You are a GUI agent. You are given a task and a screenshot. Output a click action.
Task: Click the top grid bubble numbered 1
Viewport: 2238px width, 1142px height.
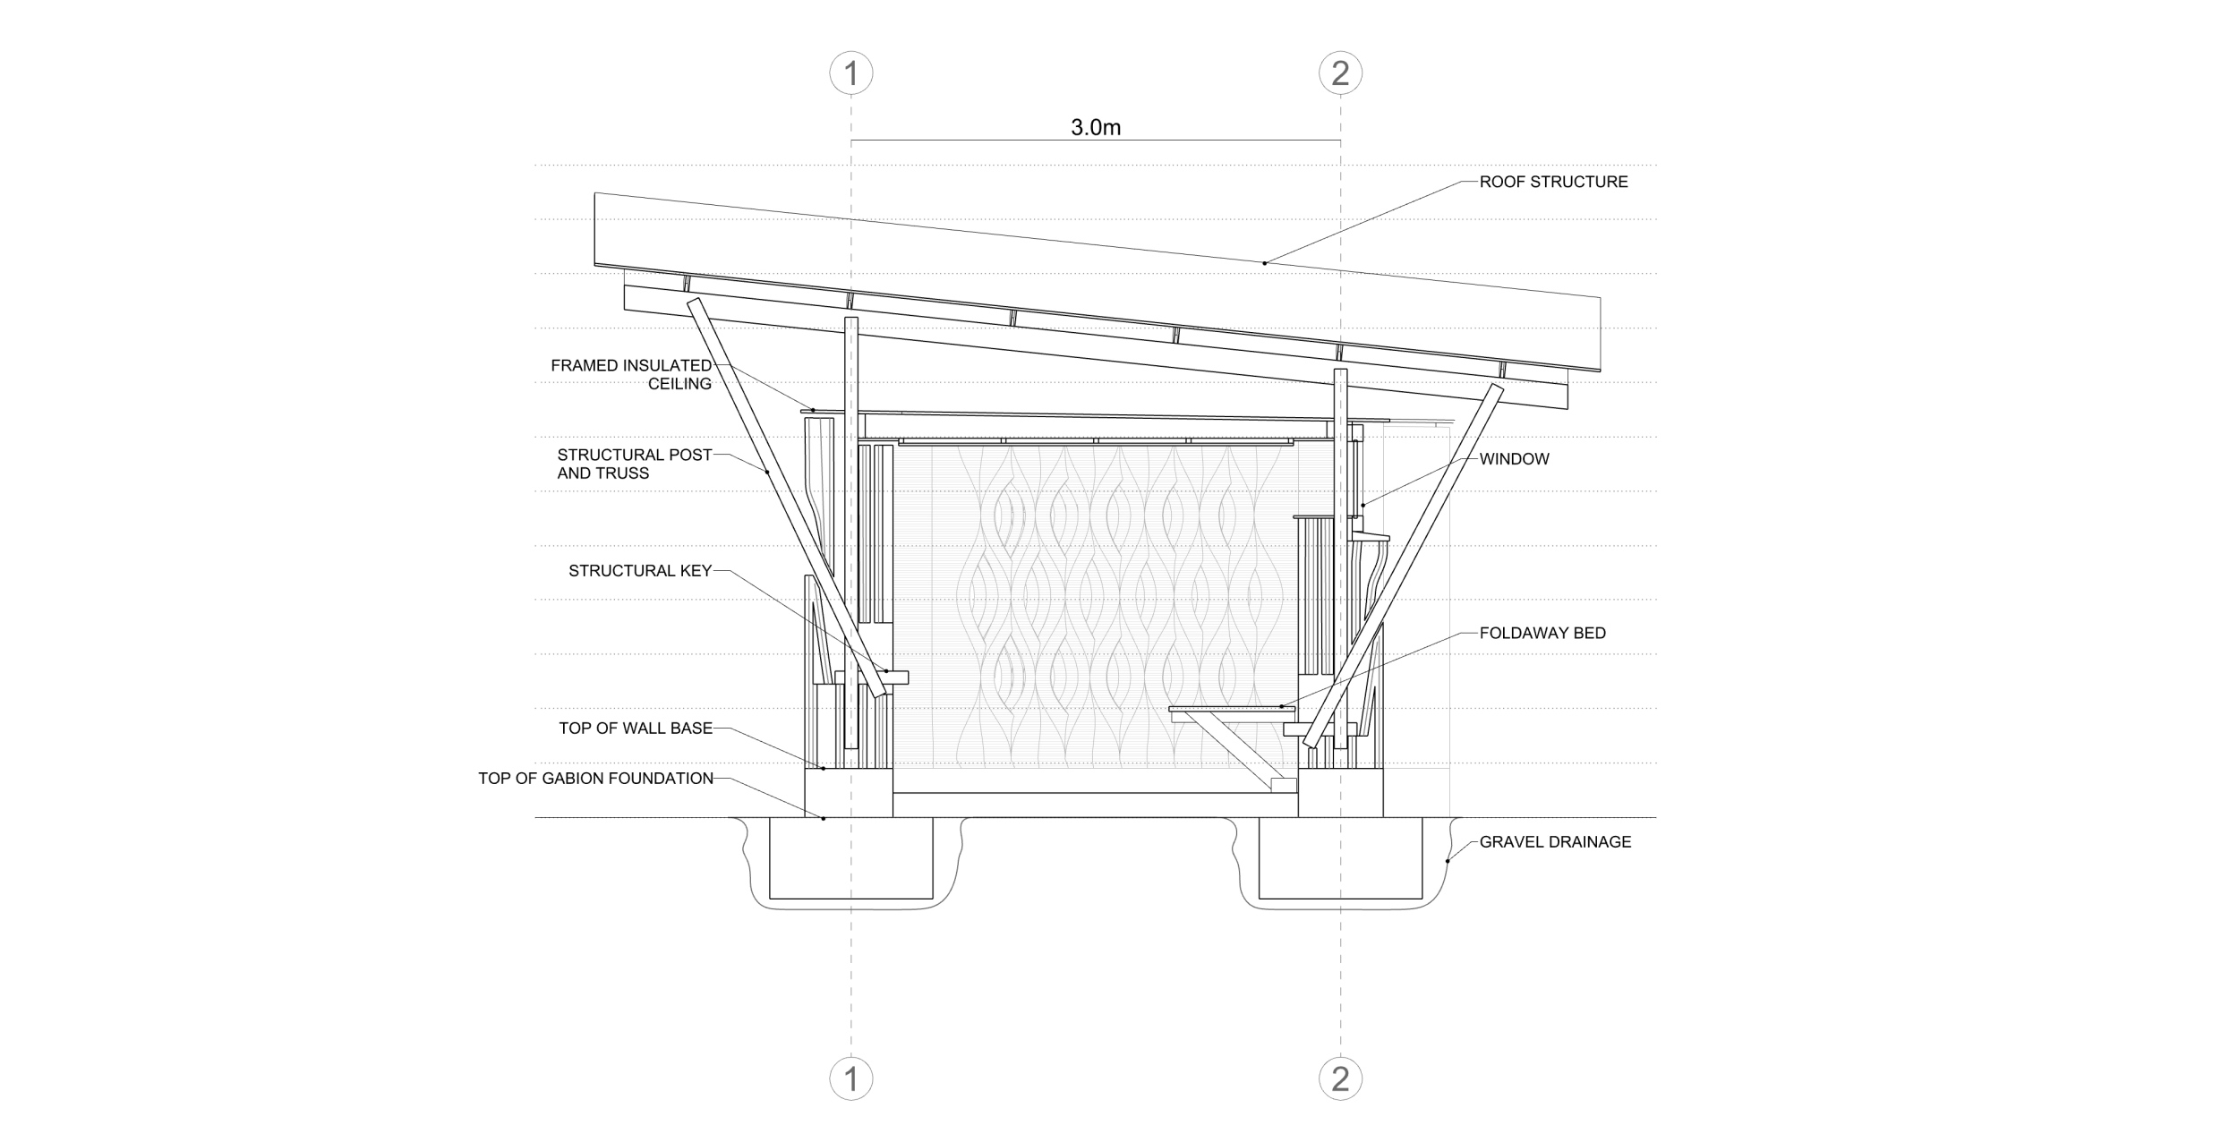coord(850,72)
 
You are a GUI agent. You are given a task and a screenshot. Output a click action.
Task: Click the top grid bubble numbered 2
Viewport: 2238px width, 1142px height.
coord(1340,72)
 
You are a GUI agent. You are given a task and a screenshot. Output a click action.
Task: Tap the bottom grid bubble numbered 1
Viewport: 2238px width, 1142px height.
coord(850,1078)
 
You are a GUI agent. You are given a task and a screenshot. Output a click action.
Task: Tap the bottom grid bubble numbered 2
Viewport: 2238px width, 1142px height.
coord(1340,1078)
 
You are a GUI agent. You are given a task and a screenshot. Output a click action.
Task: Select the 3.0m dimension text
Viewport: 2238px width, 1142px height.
coord(1096,127)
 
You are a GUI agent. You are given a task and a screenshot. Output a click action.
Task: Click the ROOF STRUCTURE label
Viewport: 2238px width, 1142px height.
coord(1553,182)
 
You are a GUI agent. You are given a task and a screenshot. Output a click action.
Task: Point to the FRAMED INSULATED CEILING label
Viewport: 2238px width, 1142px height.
coord(631,374)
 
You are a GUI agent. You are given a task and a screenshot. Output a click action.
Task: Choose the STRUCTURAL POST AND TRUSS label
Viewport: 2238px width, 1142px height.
coord(635,464)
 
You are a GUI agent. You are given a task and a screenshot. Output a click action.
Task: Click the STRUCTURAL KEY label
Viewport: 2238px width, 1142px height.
coord(640,571)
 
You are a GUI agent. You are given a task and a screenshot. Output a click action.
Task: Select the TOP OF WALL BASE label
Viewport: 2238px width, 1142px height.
coord(636,729)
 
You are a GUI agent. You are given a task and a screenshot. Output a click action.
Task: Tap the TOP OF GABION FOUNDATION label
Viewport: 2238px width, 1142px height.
coord(595,779)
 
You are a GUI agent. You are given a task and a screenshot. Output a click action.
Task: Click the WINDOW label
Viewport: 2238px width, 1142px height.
coord(1514,459)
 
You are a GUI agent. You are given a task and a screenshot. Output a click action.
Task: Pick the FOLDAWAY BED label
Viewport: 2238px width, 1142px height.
coord(1542,633)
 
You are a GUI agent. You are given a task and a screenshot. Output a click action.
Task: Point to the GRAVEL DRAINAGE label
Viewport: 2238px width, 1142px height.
coord(1555,842)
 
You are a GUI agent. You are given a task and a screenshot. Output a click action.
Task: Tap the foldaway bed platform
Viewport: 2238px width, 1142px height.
coord(1232,709)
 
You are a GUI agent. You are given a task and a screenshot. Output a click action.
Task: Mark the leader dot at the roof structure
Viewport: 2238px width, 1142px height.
coord(1265,263)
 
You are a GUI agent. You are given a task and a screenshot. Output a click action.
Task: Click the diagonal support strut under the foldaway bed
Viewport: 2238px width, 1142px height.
coord(1234,750)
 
